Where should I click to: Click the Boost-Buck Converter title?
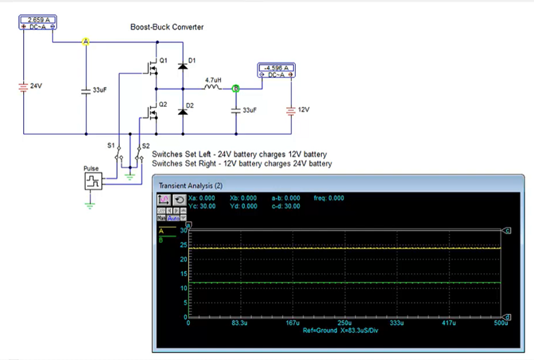(x=167, y=27)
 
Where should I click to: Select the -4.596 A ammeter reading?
(x=277, y=68)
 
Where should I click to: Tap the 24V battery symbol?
(x=24, y=87)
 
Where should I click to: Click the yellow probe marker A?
(x=86, y=42)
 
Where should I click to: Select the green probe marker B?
(x=236, y=88)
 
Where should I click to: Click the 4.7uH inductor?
(x=213, y=88)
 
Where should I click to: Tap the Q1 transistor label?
(x=163, y=60)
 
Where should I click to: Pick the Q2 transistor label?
(x=163, y=104)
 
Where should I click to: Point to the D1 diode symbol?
(x=182, y=66)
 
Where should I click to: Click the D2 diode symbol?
(x=182, y=110)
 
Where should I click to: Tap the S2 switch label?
(x=145, y=146)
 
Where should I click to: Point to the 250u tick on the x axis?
(x=344, y=322)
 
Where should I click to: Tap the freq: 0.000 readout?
(x=329, y=198)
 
